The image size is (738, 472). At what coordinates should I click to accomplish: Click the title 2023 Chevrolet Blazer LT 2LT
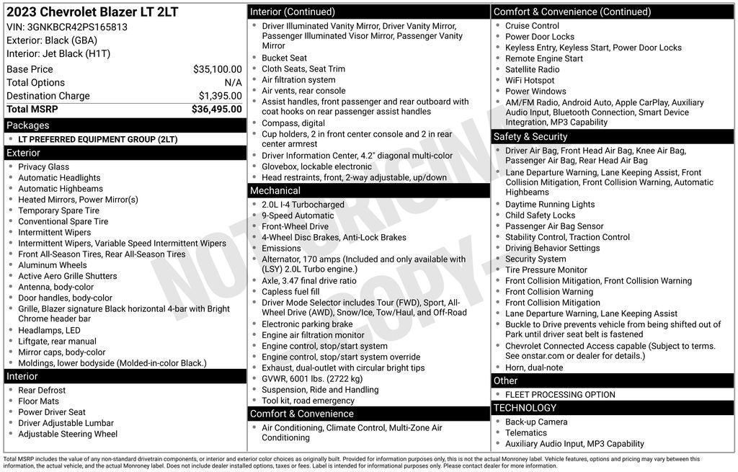click(x=92, y=12)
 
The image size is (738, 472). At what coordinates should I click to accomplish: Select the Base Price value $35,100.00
click(x=217, y=69)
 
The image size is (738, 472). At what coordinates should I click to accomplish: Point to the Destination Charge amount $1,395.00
click(x=220, y=96)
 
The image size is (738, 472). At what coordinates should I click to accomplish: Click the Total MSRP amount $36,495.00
click(x=216, y=110)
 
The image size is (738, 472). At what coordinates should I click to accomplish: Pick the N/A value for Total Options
click(x=233, y=83)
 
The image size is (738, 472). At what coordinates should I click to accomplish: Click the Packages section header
click(x=28, y=125)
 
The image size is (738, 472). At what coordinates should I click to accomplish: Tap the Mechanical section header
click(x=275, y=191)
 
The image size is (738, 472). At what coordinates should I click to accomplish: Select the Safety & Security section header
click(x=530, y=137)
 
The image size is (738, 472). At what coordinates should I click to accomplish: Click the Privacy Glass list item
click(x=44, y=167)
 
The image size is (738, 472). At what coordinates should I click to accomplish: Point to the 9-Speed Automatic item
click(x=298, y=215)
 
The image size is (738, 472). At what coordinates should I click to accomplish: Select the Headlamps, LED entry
click(x=49, y=331)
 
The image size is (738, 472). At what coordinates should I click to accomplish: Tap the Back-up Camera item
click(x=536, y=422)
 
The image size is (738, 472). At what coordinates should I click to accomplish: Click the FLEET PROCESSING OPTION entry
click(x=560, y=395)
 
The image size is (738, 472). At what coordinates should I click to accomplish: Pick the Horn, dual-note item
click(x=534, y=368)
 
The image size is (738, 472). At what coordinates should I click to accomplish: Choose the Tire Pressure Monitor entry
click(x=546, y=270)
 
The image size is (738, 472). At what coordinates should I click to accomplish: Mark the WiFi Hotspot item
click(x=530, y=81)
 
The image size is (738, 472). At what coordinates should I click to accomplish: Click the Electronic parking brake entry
click(x=307, y=324)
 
